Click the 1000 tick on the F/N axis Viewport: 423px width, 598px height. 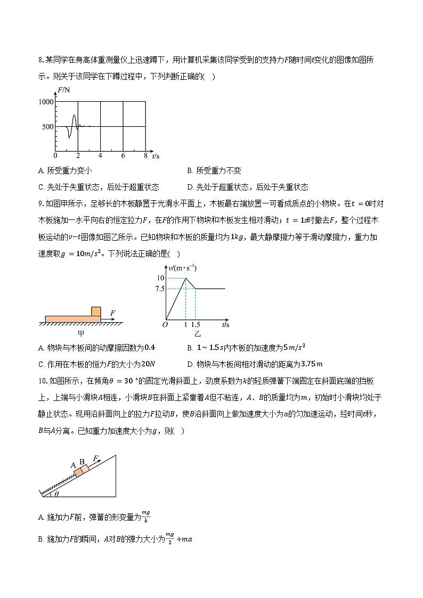[x=46, y=101]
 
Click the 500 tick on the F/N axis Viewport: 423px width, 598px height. [x=47, y=127]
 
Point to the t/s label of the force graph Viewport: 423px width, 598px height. [x=156, y=156]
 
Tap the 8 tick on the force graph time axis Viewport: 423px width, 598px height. [x=145, y=156]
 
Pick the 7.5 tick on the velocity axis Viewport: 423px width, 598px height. [x=159, y=289]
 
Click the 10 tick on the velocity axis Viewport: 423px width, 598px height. [x=160, y=278]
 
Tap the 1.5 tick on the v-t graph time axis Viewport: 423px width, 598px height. [x=196, y=324]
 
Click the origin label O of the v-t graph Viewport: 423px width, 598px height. [x=165, y=324]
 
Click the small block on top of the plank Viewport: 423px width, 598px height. [x=96, y=311]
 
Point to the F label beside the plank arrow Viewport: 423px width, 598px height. [x=113, y=313]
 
